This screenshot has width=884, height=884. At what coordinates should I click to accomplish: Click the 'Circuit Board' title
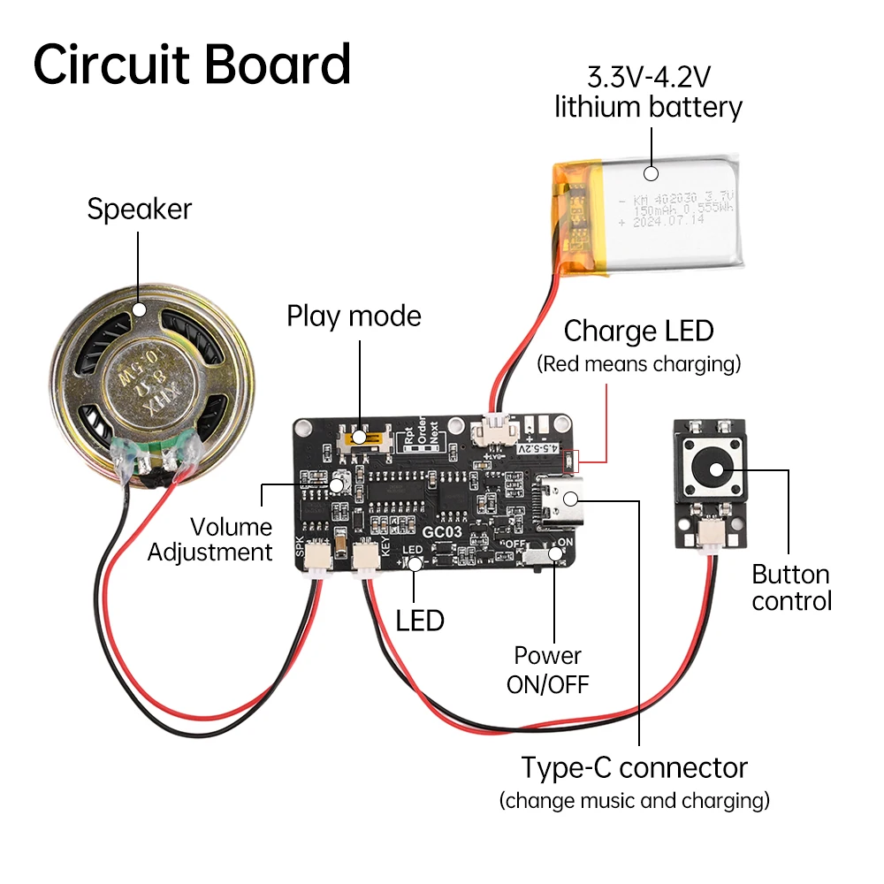point(192,64)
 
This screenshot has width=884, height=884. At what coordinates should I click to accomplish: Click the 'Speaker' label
point(139,210)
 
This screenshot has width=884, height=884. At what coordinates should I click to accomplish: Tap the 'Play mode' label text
point(354,316)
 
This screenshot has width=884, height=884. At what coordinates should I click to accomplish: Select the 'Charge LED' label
point(638,331)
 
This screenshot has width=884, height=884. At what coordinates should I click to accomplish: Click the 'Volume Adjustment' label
point(210,540)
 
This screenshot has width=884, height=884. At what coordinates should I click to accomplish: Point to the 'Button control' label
point(791,588)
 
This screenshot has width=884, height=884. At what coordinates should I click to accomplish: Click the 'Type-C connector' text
point(634,767)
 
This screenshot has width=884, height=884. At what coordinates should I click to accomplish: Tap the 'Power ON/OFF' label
point(547,669)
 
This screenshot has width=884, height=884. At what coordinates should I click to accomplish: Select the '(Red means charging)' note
point(638,363)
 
